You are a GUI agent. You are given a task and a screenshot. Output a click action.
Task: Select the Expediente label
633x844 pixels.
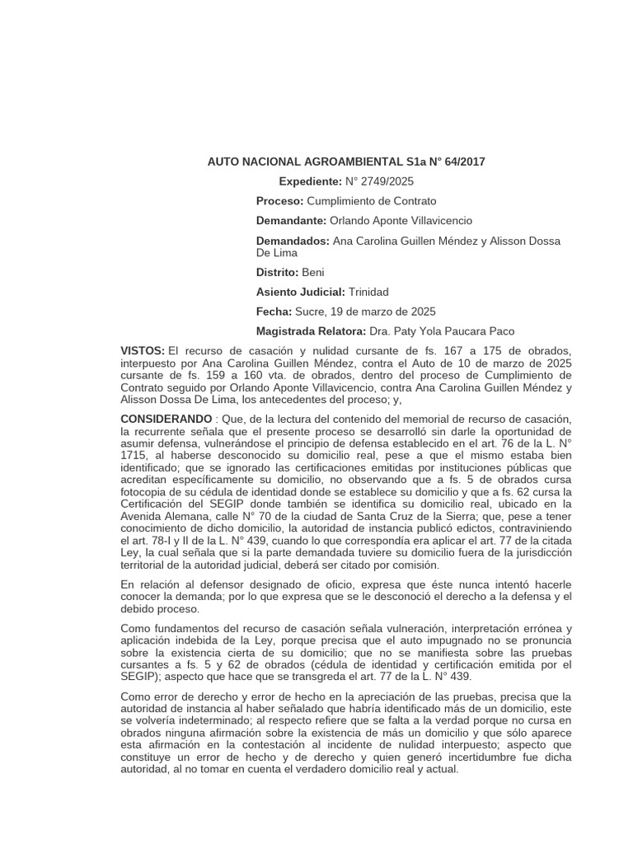coord(309,181)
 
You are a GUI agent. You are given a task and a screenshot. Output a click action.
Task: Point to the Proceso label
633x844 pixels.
coord(279,201)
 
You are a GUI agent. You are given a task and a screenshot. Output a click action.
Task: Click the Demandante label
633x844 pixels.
coord(291,221)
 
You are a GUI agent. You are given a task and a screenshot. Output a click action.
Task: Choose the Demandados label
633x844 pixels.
coord(292,241)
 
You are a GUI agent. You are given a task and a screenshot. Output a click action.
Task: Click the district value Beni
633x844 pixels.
coord(313,272)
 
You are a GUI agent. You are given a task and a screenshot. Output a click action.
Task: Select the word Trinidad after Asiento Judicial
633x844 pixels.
coord(368,292)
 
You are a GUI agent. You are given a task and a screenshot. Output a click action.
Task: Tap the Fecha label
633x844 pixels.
coord(274,312)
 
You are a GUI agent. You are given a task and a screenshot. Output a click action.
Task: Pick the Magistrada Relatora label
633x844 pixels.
coord(311,331)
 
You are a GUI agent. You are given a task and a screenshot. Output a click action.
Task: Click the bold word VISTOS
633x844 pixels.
coord(143,352)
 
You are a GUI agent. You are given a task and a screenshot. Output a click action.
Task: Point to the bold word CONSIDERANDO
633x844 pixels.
coord(166,420)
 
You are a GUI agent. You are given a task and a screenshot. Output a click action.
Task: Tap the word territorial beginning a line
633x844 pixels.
coord(145,566)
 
